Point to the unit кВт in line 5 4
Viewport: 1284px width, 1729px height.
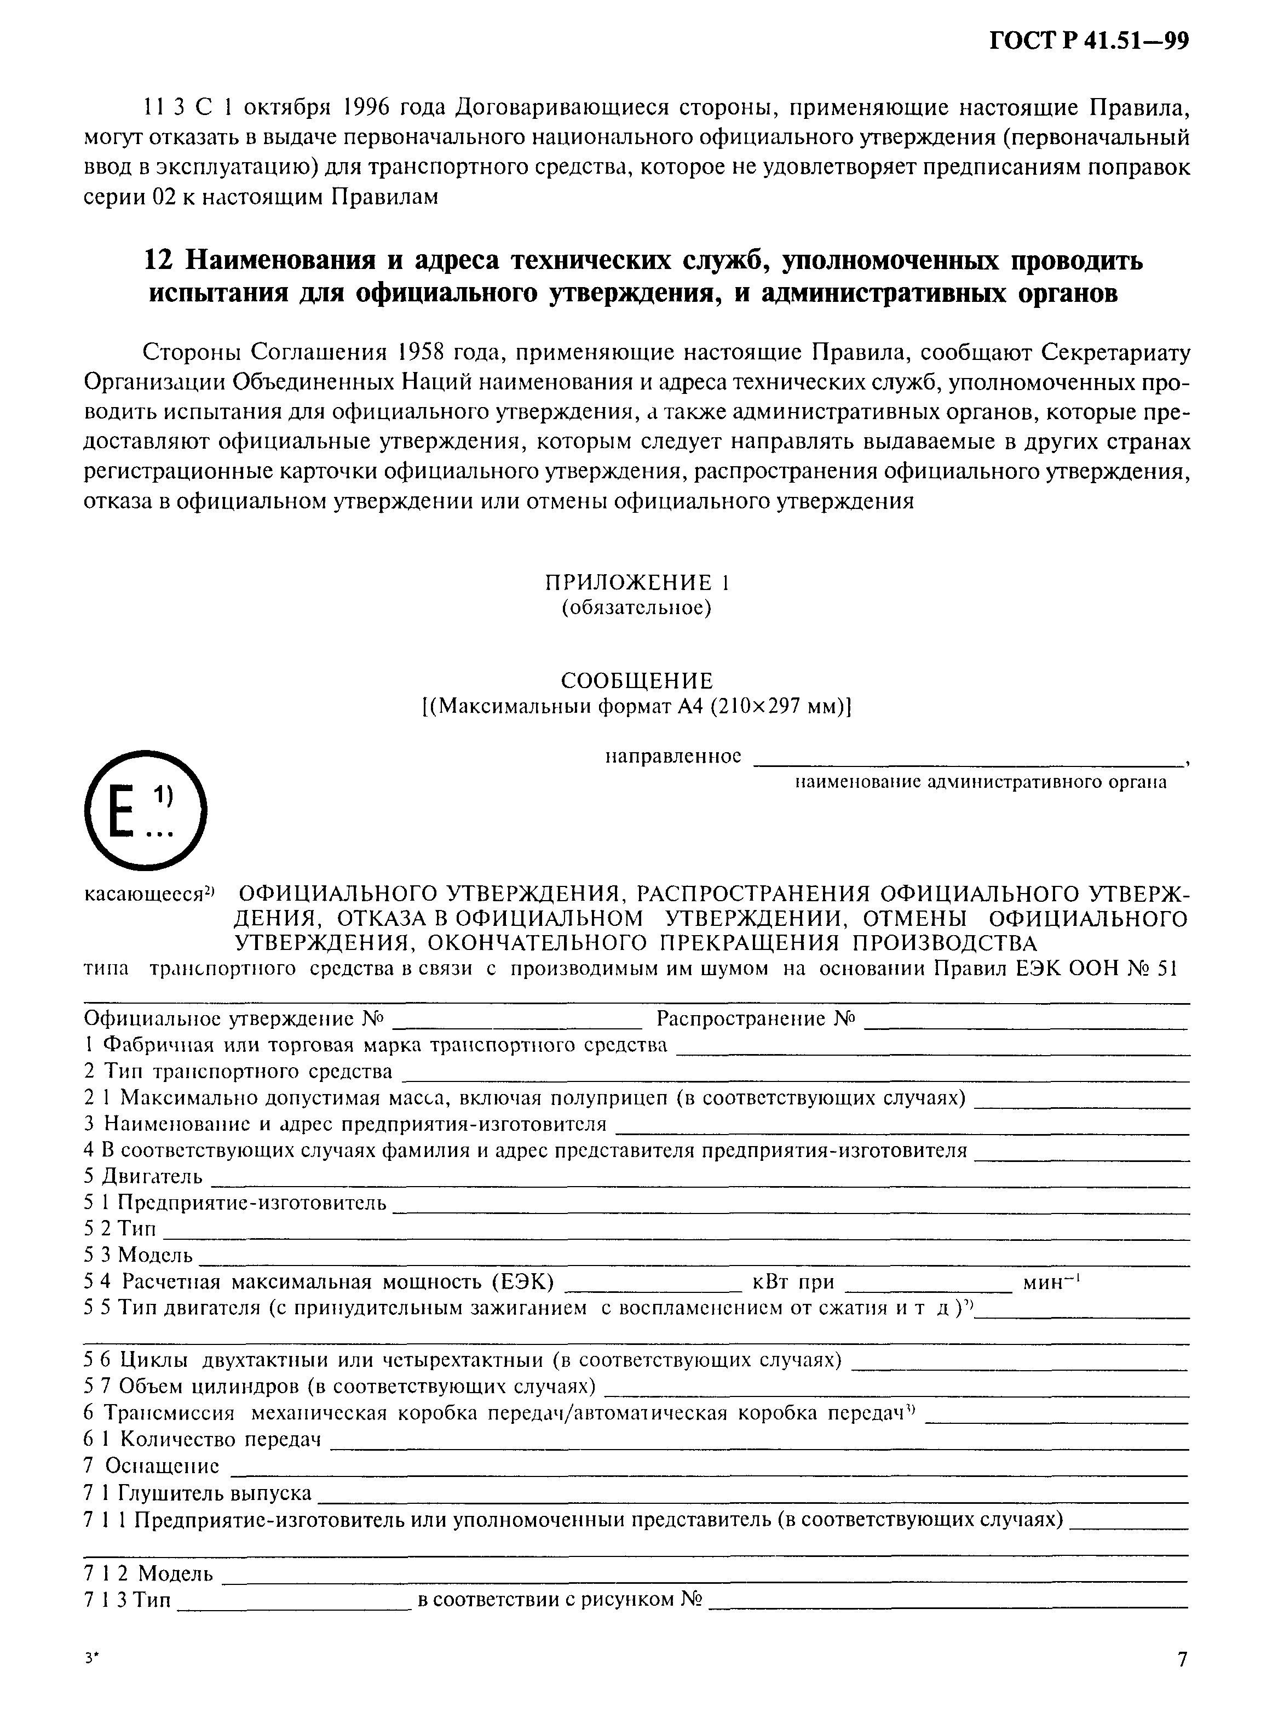(x=772, y=1282)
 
